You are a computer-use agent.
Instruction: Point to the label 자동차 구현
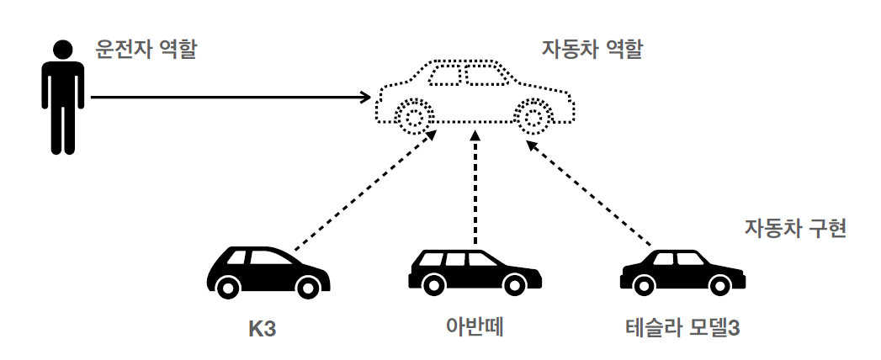click(x=794, y=228)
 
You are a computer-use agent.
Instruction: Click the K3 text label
click(x=263, y=327)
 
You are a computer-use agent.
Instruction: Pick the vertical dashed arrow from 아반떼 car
click(x=475, y=189)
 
